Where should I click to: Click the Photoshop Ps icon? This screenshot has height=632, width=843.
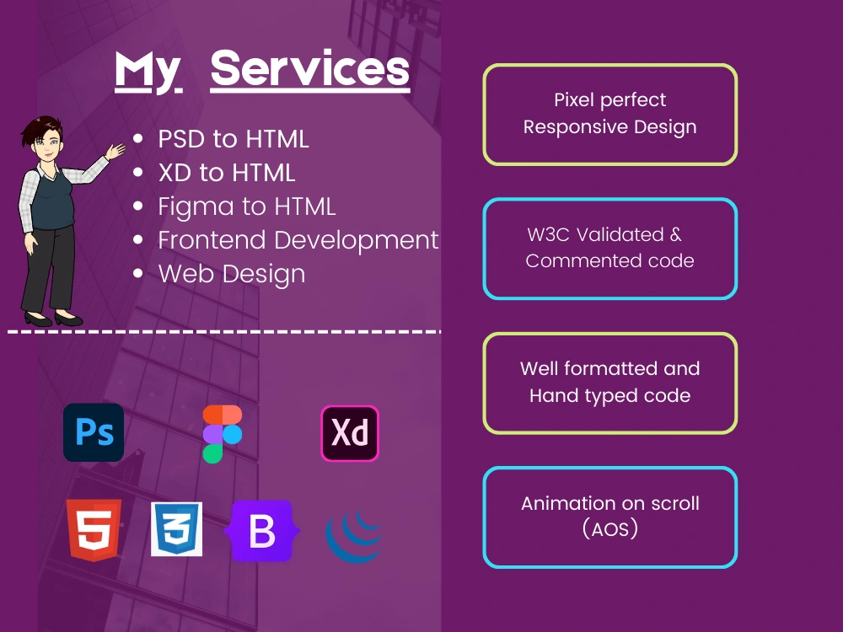94,432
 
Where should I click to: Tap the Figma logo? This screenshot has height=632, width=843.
223,434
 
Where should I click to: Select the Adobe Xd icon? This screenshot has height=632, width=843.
350,433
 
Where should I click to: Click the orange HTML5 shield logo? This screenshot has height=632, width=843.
94,529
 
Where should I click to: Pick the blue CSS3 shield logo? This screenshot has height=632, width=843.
176,529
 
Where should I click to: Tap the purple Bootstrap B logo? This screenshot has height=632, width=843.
261,531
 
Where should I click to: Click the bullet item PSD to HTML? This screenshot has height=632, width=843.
234,139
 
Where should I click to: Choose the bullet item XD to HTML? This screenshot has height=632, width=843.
227,173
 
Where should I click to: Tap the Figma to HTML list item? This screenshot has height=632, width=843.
246,206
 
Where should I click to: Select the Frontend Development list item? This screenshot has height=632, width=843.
298,240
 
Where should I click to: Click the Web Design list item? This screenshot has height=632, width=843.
231,274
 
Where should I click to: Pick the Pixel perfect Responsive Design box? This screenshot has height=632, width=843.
609,114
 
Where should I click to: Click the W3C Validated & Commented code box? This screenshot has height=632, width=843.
609,248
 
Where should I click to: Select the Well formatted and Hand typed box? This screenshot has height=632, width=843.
609,383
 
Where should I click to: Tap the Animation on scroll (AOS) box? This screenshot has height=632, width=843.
609,517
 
